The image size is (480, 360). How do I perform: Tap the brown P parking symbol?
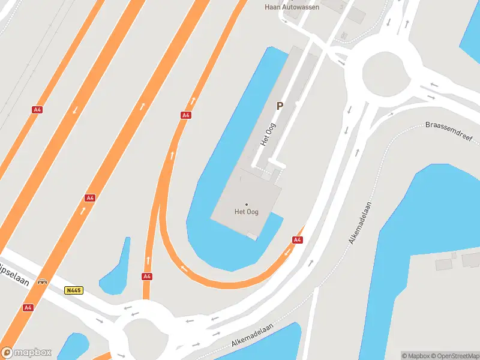point(279,106)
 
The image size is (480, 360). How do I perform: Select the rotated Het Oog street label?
point(267,135)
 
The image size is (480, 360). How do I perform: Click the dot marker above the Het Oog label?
point(246,205)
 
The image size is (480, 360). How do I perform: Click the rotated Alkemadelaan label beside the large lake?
point(361,222)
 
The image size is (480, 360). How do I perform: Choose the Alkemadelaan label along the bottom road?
point(252,337)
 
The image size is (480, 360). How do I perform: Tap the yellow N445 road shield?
point(73,290)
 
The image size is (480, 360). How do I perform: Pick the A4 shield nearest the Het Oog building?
point(297,239)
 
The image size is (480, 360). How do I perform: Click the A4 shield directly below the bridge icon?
point(28,307)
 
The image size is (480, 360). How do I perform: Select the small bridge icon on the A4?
point(42,281)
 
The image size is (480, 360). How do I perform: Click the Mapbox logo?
point(26,353)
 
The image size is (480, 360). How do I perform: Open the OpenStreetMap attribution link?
point(455,356)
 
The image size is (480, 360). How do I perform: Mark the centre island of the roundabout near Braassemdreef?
point(383,74)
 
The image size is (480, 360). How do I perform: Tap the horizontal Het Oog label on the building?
point(246,212)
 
